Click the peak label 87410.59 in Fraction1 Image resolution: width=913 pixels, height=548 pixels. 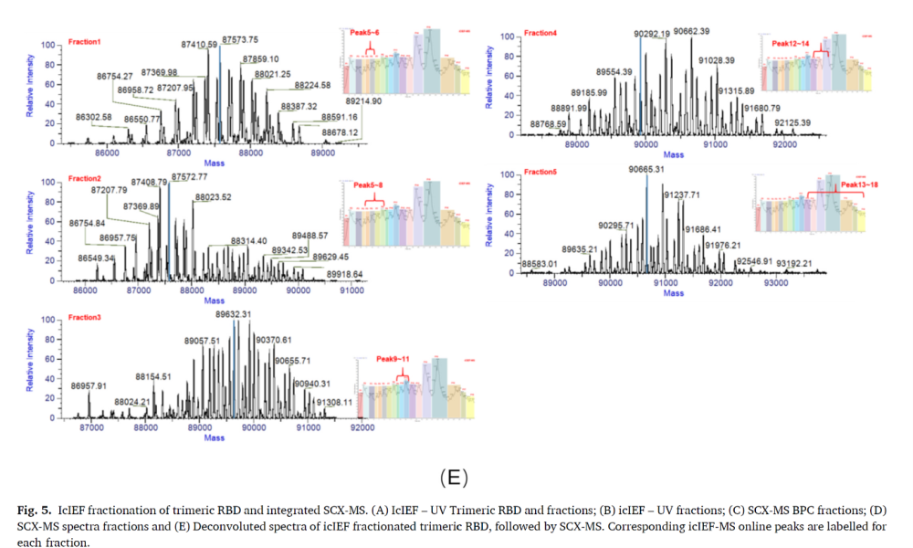(x=199, y=44)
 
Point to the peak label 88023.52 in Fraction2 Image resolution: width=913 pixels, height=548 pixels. (x=213, y=197)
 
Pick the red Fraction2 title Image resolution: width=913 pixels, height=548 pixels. (x=85, y=178)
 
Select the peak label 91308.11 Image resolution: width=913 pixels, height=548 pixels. (x=333, y=402)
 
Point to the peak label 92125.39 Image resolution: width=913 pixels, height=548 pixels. (x=792, y=121)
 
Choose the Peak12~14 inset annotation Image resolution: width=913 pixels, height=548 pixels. (x=791, y=43)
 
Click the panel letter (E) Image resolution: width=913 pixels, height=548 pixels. (x=454, y=477)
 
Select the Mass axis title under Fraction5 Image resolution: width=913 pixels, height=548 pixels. (x=674, y=293)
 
